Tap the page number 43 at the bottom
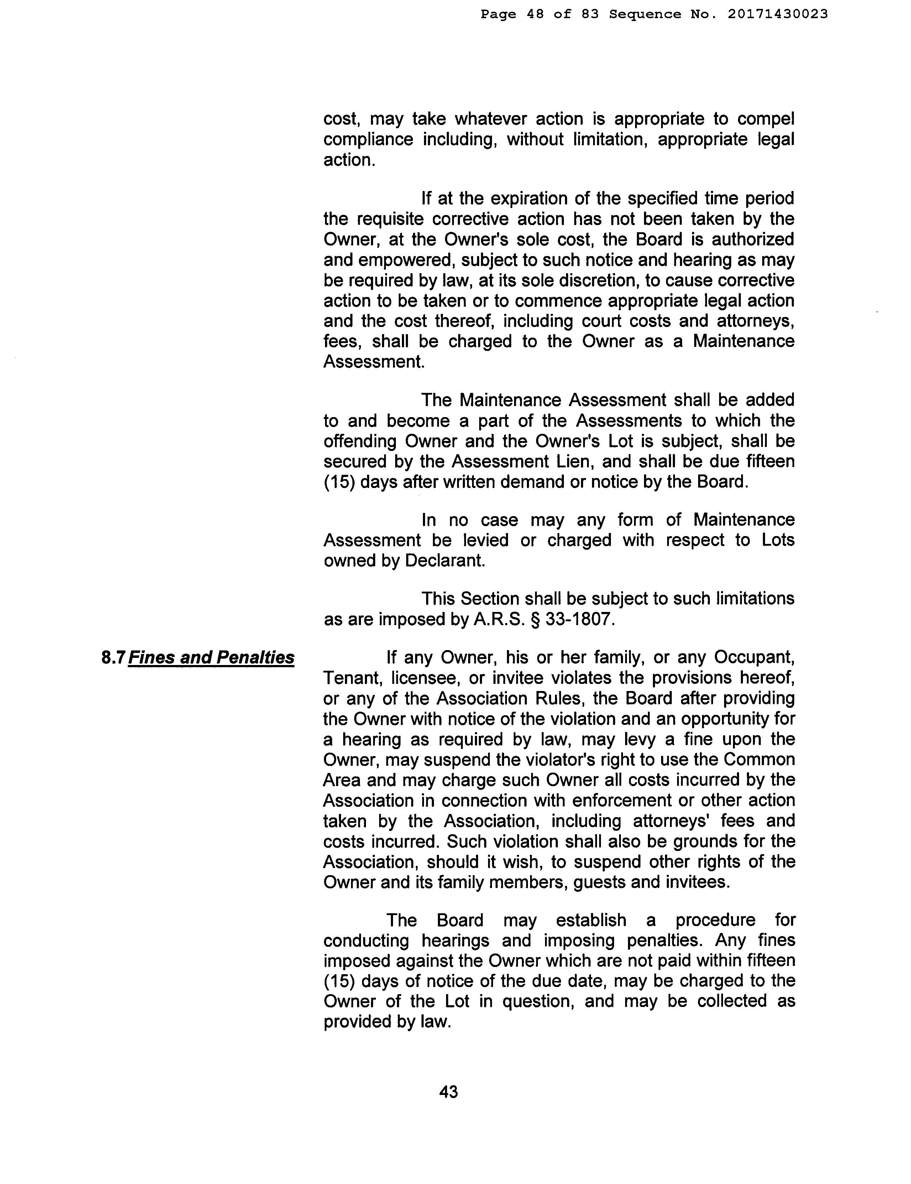tap(448, 1091)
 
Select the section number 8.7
tap(113, 658)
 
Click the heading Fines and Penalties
tap(211, 658)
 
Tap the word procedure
tap(715, 920)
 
